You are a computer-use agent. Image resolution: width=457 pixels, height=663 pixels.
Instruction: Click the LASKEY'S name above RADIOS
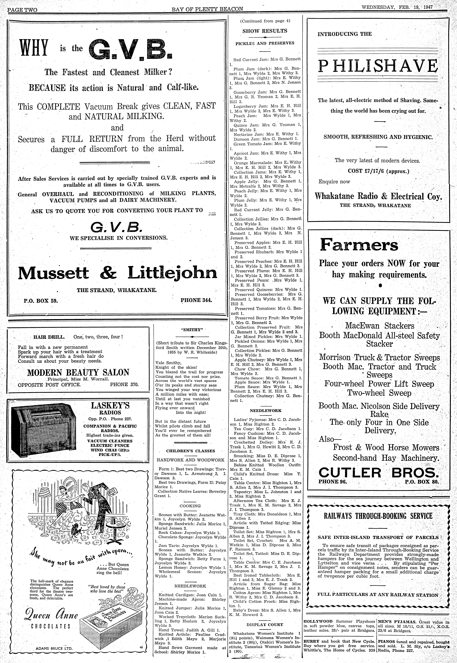(110, 406)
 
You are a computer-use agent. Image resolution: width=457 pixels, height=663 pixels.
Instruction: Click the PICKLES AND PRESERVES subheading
(265, 43)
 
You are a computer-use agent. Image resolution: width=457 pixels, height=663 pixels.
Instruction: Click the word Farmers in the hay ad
(359, 245)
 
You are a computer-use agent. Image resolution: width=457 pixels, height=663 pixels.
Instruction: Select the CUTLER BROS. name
(378, 472)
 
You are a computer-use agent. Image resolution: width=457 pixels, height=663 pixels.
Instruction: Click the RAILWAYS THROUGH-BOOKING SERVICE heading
(378, 516)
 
